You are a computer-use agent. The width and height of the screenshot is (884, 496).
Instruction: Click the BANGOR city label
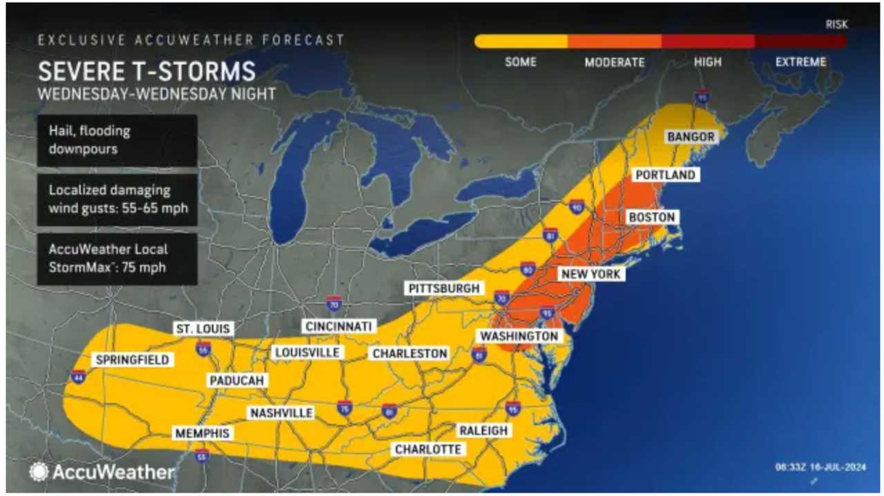(x=691, y=137)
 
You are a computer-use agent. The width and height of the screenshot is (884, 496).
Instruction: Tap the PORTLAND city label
(x=664, y=175)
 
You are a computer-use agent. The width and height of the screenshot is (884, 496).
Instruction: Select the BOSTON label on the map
(x=651, y=217)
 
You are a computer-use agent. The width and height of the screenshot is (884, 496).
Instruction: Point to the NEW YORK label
(x=591, y=274)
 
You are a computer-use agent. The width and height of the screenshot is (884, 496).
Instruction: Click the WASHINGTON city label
(x=519, y=336)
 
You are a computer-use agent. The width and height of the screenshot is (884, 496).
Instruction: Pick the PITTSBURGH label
(x=443, y=288)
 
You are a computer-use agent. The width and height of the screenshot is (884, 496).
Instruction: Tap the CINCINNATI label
(x=338, y=326)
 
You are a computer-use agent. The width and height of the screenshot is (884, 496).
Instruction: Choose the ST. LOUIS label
(x=202, y=328)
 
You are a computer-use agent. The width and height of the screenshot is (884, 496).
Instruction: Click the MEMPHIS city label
(x=201, y=433)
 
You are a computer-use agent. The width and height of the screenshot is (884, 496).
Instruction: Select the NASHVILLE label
(x=281, y=413)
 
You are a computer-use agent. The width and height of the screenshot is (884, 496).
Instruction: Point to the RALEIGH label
(x=483, y=430)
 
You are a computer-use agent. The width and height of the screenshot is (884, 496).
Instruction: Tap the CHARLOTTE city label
(x=427, y=449)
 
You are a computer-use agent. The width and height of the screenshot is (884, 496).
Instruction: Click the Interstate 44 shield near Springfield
(x=78, y=377)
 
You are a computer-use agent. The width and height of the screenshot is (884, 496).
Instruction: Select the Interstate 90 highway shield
(x=577, y=206)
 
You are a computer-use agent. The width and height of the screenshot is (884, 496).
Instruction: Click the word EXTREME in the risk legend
(x=800, y=62)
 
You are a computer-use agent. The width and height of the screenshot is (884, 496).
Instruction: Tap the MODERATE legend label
(x=614, y=62)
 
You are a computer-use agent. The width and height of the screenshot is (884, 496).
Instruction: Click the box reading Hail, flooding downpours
(x=117, y=140)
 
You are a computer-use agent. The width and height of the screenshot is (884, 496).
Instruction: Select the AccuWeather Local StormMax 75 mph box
(x=117, y=259)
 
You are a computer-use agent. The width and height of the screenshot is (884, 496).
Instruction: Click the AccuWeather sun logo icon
(x=38, y=472)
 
